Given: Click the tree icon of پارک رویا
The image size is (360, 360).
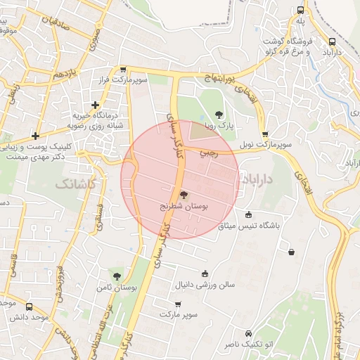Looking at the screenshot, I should [x=219, y=115].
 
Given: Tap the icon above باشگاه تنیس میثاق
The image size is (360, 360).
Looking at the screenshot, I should [x=249, y=215].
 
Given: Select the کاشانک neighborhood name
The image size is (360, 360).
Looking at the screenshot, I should [x=72, y=184].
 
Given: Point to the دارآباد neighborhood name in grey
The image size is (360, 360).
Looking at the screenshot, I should [x=259, y=181].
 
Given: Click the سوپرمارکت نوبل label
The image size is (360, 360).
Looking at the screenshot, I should [x=264, y=144].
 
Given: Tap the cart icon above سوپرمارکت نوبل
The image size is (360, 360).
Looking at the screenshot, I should [x=264, y=134].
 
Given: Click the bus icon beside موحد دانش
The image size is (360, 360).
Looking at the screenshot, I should [x=29, y=307].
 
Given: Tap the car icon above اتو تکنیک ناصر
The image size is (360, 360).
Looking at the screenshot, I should [x=248, y=333].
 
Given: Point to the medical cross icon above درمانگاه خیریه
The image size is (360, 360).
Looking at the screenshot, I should [x=96, y=105].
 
